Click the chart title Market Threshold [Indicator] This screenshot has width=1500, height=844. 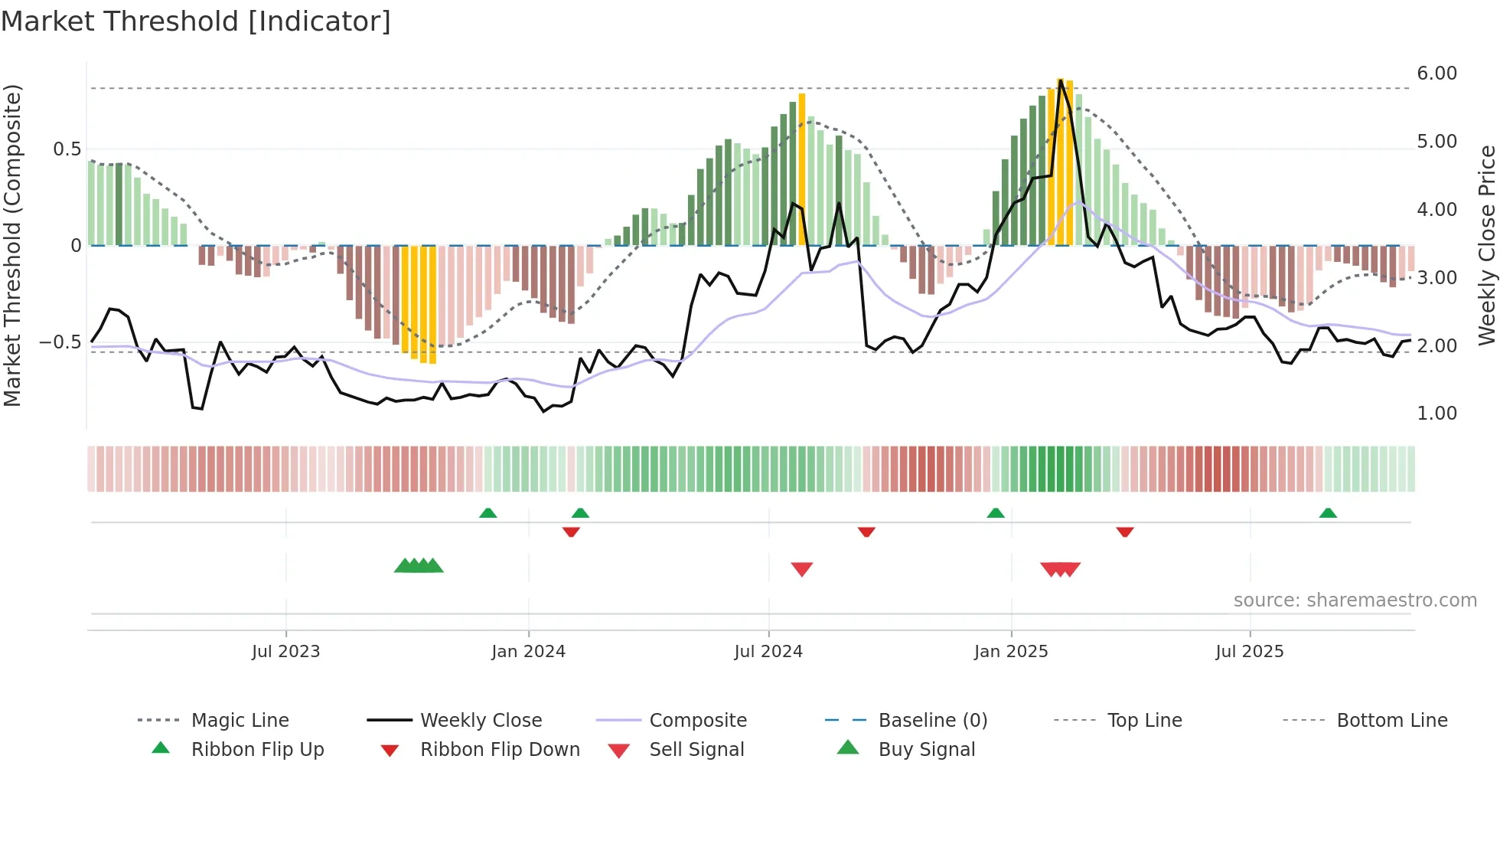196,21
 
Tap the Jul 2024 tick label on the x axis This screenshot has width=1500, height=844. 768,652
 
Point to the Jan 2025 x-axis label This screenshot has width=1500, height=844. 1010,652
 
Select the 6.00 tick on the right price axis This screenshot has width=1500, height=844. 1436,74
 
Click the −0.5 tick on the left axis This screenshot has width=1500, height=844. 60,342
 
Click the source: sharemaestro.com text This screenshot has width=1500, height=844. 1355,600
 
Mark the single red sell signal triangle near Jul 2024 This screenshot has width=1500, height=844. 801,568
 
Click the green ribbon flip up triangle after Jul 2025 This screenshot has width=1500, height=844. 1328,513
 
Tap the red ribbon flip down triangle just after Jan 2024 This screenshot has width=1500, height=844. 571,532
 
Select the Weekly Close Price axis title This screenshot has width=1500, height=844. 1486,245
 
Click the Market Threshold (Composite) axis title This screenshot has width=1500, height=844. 12,245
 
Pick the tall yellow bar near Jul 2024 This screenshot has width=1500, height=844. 801,168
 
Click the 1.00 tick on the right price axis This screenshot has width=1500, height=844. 1436,414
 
